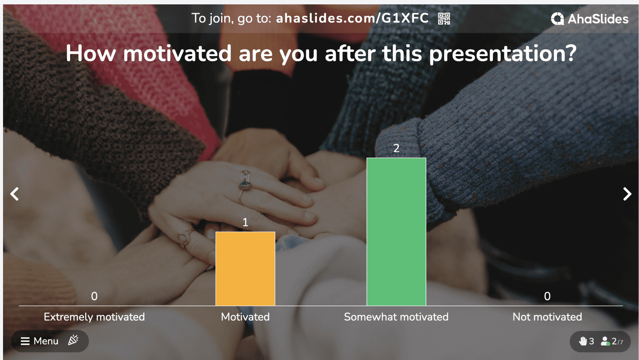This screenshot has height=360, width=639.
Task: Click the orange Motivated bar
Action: [x=245, y=269]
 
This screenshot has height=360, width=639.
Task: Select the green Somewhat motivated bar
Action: [x=396, y=232]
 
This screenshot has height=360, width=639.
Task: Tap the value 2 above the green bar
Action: [x=396, y=148]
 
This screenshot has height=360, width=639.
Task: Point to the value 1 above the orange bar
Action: [x=245, y=222]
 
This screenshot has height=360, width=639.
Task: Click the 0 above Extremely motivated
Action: [x=94, y=296]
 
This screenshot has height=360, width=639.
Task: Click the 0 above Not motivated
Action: [x=547, y=296]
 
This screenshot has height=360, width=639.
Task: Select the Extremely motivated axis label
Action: [x=94, y=317]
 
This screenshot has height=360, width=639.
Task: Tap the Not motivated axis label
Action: [x=547, y=317]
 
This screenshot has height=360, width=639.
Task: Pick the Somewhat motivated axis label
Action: [x=396, y=317]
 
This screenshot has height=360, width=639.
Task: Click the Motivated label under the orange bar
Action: [x=245, y=317]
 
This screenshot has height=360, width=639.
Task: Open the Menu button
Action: [x=40, y=341]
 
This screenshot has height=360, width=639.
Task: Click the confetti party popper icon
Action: [x=73, y=340]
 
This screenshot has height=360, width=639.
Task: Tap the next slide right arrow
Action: [x=627, y=194]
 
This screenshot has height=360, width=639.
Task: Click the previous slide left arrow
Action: [x=14, y=194]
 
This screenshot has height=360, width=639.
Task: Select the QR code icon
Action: [x=444, y=18]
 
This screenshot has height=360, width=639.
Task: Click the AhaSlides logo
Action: [x=590, y=19]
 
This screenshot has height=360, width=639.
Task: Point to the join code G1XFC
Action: [x=405, y=18]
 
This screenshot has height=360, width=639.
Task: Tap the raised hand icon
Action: [x=583, y=341]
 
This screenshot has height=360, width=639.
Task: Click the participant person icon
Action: [x=605, y=341]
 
